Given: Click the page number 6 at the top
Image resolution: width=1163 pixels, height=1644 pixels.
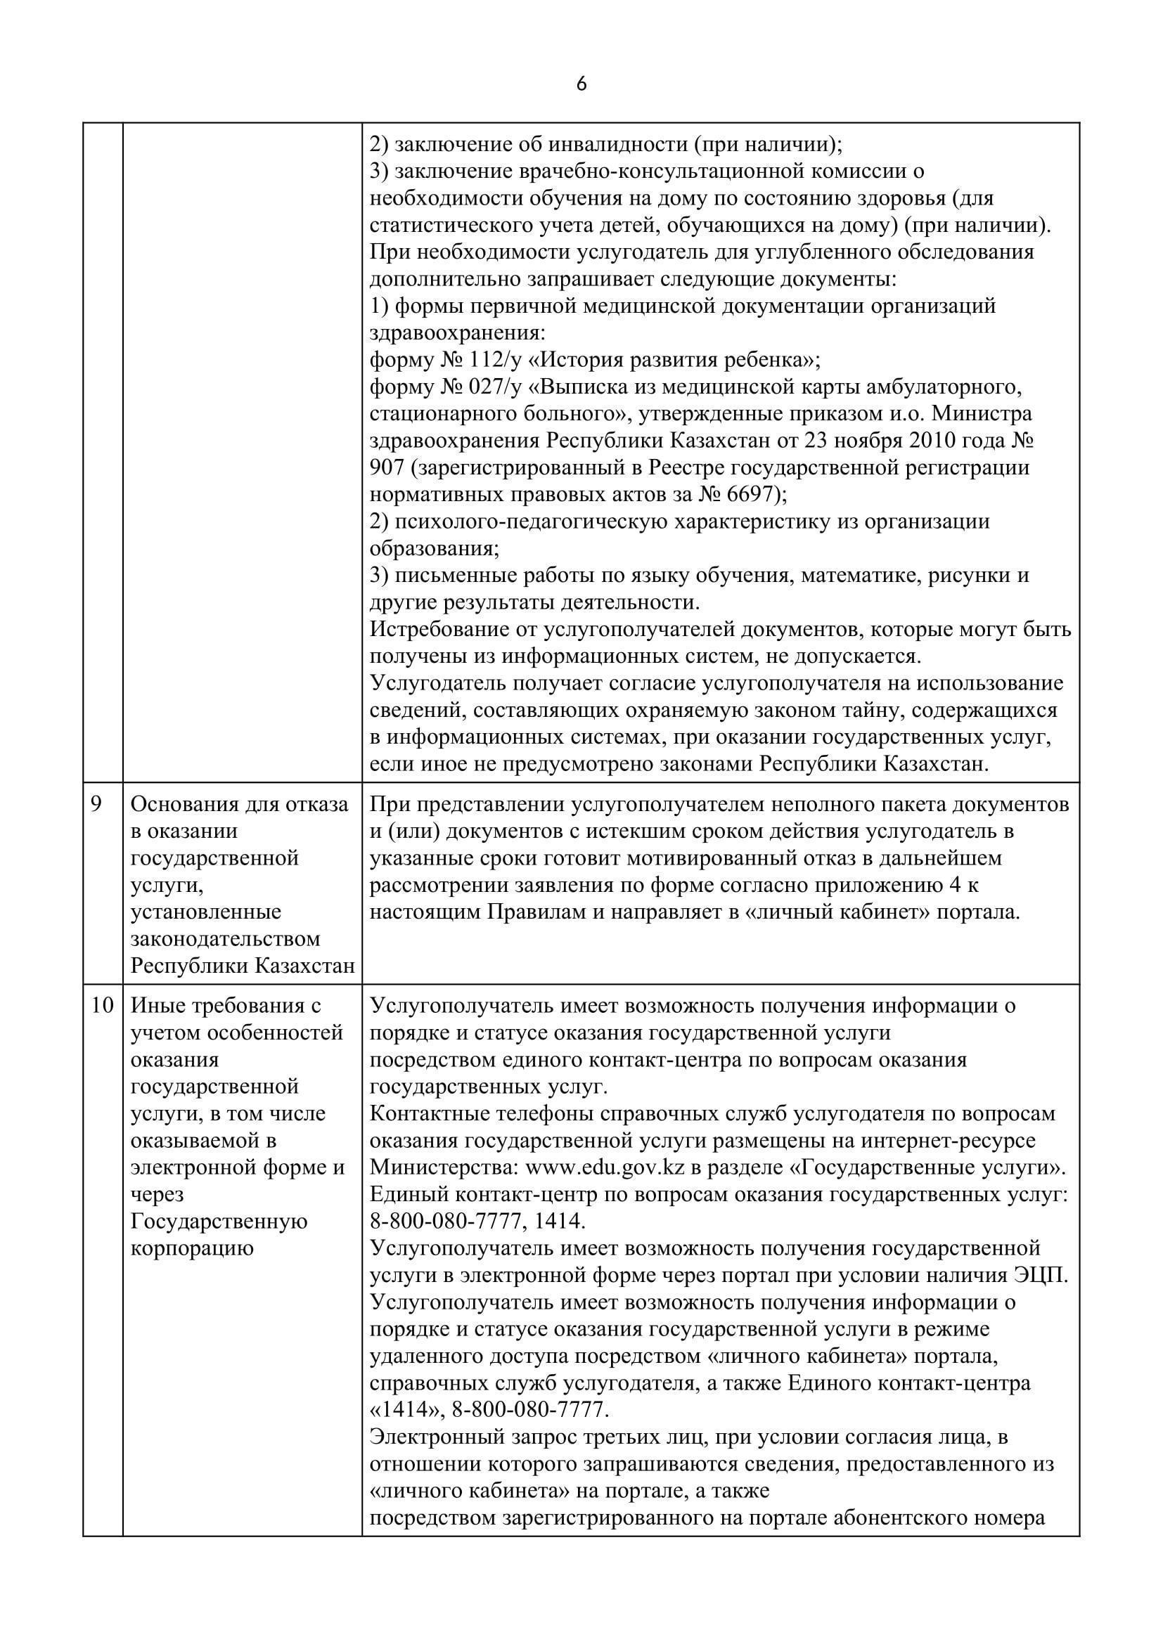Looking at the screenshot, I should [581, 84].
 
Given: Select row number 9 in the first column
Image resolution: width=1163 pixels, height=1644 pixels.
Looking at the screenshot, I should [96, 804].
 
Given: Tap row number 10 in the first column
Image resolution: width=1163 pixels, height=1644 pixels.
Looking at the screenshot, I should [103, 1005].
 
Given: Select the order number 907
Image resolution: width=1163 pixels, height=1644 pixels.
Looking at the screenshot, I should [387, 467].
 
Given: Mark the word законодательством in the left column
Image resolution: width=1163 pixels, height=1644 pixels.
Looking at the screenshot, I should [225, 939].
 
